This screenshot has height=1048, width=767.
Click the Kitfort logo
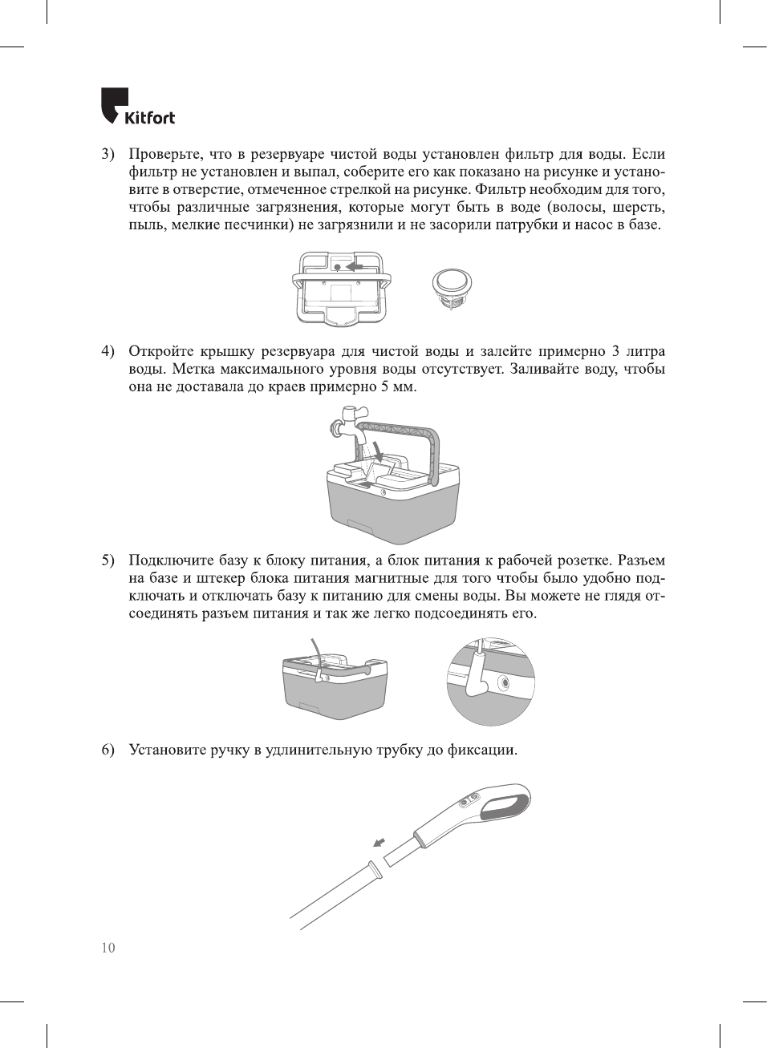(137, 107)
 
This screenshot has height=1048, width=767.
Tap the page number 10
(108, 947)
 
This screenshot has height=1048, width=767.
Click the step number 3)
(108, 154)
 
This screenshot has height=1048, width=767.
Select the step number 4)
(108, 351)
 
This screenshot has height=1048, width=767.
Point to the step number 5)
(108, 560)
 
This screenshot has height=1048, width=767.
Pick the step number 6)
(108, 751)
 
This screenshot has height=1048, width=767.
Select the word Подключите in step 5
(171, 560)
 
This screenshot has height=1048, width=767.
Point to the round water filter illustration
(452, 287)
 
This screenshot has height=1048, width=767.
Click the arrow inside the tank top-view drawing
(354, 265)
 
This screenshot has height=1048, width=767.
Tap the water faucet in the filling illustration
(347, 423)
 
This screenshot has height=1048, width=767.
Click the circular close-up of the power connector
(490, 682)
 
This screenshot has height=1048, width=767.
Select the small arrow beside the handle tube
(379, 842)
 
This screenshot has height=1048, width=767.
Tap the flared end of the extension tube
(373, 869)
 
